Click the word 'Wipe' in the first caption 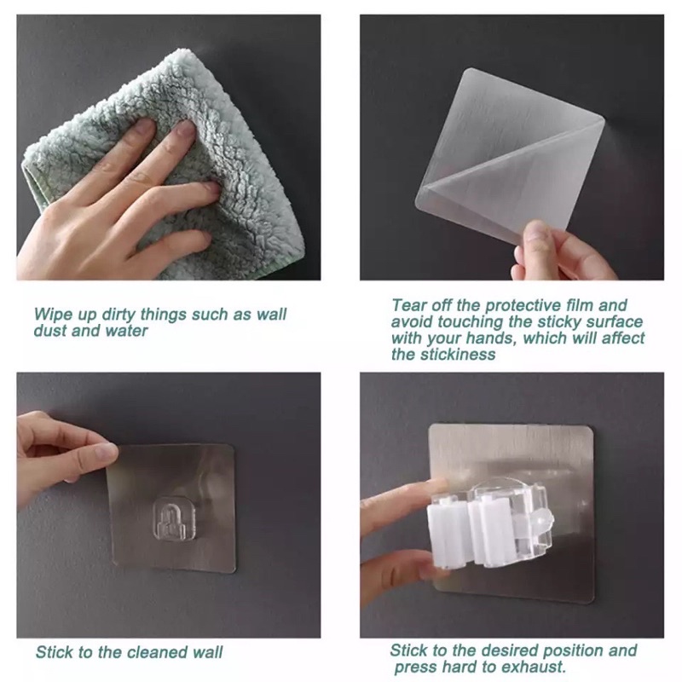click(x=49, y=314)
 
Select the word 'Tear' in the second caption click(x=407, y=305)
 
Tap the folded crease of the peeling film click(x=509, y=156)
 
